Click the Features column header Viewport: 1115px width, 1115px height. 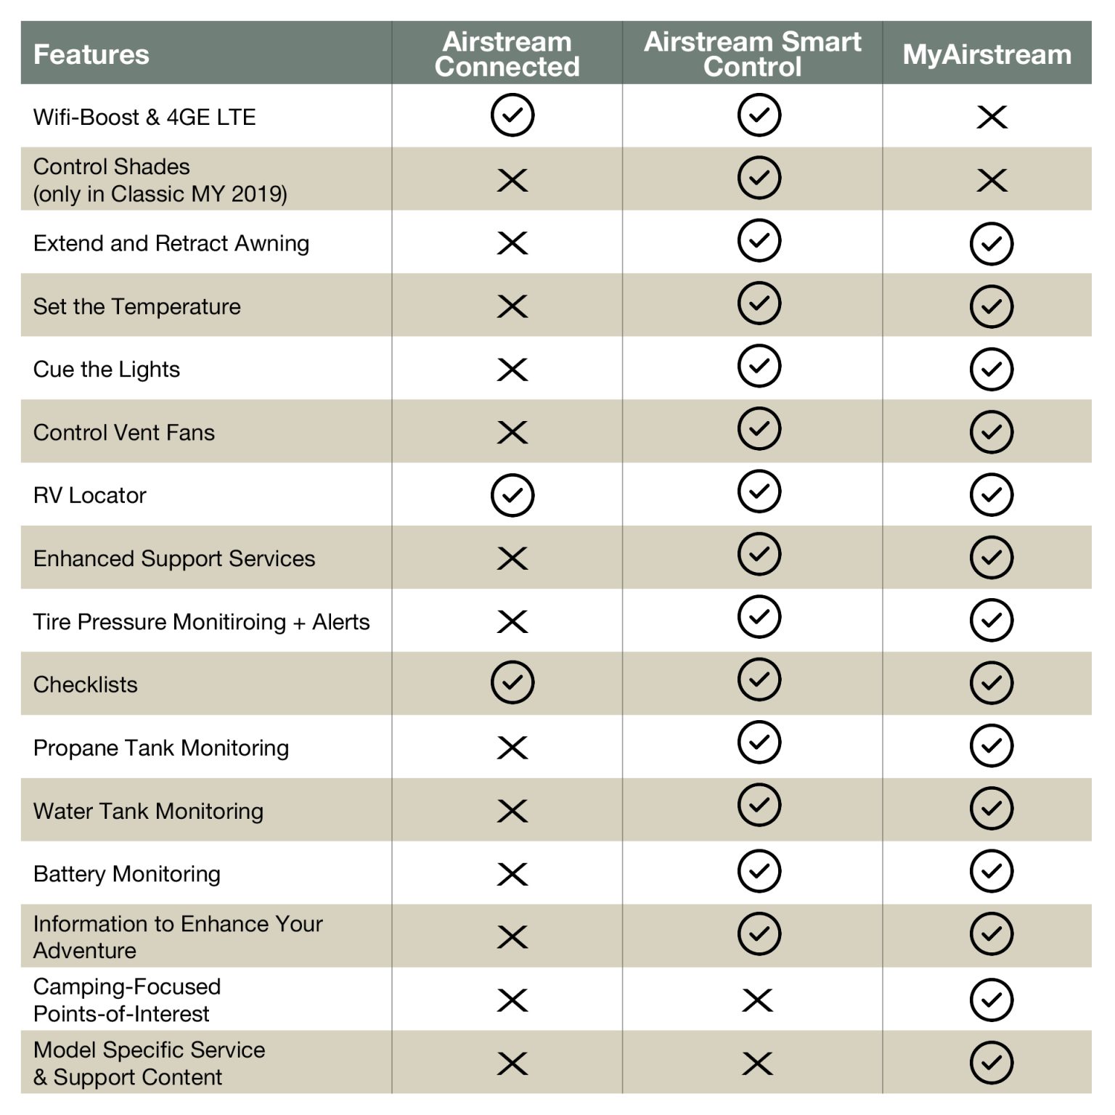(x=91, y=54)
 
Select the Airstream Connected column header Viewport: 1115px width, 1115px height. (x=507, y=54)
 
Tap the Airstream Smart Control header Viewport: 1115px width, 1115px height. (x=752, y=54)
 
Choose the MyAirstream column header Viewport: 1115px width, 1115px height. (x=987, y=54)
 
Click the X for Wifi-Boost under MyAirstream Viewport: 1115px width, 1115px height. (x=992, y=117)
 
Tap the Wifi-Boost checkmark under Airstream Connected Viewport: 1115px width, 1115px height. (x=512, y=115)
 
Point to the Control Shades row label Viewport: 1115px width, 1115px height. (x=160, y=180)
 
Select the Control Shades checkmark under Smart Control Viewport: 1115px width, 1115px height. (x=759, y=178)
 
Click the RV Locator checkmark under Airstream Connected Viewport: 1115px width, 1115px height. (x=512, y=496)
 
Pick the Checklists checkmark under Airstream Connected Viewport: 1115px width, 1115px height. (x=512, y=682)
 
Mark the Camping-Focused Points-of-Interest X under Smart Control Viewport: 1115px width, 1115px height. (x=758, y=1000)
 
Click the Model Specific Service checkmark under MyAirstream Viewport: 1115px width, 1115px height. (x=992, y=1063)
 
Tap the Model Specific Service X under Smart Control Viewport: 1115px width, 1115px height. (x=758, y=1063)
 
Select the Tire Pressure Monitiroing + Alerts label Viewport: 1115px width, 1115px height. (x=201, y=622)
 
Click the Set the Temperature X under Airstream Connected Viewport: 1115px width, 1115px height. (x=512, y=306)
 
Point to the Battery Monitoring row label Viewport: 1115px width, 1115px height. (x=127, y=874)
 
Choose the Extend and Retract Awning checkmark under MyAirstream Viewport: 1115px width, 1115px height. (x=992, y=244)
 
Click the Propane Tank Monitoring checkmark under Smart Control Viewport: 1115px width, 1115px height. (x=759, y=743)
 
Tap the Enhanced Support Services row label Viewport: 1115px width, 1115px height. (x=174, y=559)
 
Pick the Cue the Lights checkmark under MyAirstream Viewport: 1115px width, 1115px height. (x=992, y=369)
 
